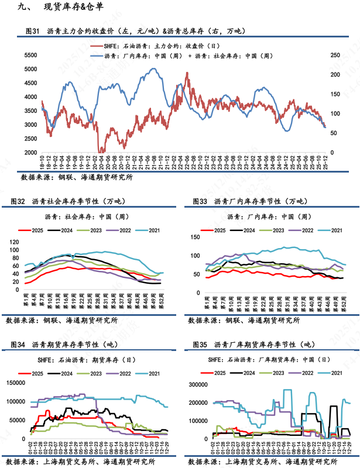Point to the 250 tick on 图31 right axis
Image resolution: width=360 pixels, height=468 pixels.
(335, 55)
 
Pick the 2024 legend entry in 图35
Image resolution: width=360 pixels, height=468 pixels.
(249, 373)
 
